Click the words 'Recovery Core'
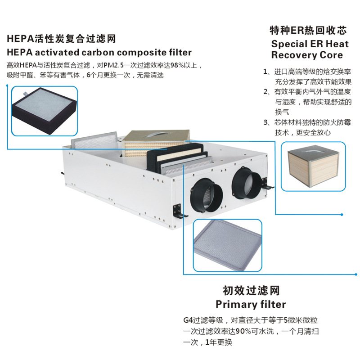306,55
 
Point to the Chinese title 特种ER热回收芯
308,31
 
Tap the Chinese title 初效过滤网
251,290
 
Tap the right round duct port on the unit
247,184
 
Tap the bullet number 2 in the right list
266,92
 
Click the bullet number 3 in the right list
266,122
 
